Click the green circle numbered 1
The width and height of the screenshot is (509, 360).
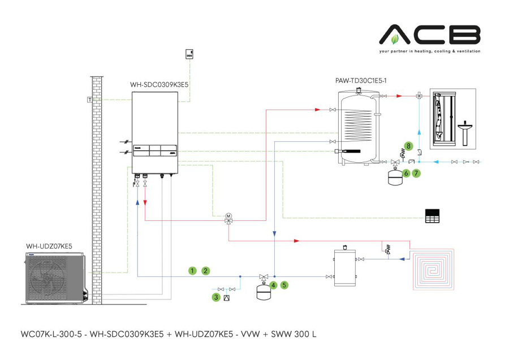(192, 271)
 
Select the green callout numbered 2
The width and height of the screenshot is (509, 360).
(206, 271)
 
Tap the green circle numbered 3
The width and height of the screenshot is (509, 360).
(216, 297)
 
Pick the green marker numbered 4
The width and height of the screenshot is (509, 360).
(273, 285)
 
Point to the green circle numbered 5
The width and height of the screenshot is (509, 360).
(284, 285)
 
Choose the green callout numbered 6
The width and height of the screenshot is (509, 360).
(406, 173)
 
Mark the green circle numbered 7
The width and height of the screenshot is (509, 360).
(416, 173)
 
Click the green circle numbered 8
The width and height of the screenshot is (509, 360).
(409, 146)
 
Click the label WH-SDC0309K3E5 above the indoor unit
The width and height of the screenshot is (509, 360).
(159, 85)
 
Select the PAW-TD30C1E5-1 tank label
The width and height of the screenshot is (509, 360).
(360, 81)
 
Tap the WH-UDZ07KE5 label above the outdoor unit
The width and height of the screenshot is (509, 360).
(49, 246)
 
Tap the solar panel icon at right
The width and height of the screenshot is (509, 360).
(432, 215)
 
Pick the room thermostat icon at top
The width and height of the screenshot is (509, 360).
(189, 54)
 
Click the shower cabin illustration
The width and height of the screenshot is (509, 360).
(442, 118)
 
